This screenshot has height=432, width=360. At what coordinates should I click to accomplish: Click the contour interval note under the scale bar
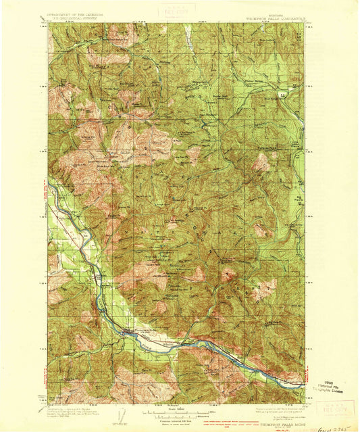click(x=177, y=416)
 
